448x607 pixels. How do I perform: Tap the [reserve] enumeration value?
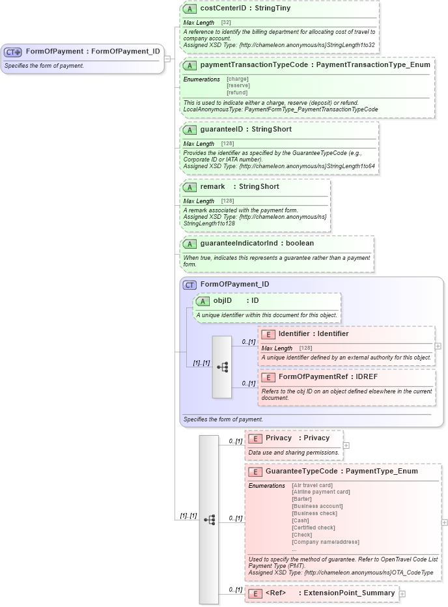coord(238,85)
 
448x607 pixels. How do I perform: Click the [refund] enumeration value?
coord(237,92)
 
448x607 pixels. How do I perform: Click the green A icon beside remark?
coord(189,187)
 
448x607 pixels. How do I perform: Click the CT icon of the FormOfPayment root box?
coord(13,52)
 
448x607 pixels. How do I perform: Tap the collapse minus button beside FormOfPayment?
coord(167,59)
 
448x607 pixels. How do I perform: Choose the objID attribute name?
coord(223,301)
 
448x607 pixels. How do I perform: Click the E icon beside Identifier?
coord(268,334)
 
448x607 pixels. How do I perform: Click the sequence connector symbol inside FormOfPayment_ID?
coord(222,367)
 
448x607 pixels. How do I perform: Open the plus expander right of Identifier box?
coord(438,346)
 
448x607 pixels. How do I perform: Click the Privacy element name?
coord(279,438)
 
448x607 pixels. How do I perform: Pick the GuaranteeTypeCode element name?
coord(301,471)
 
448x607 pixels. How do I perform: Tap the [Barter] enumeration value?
coord(302,499)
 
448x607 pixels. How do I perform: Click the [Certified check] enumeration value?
coord(313,528)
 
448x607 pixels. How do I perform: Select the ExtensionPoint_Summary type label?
coord(349,593)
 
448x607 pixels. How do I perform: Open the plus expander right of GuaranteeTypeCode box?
coord(444,522)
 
